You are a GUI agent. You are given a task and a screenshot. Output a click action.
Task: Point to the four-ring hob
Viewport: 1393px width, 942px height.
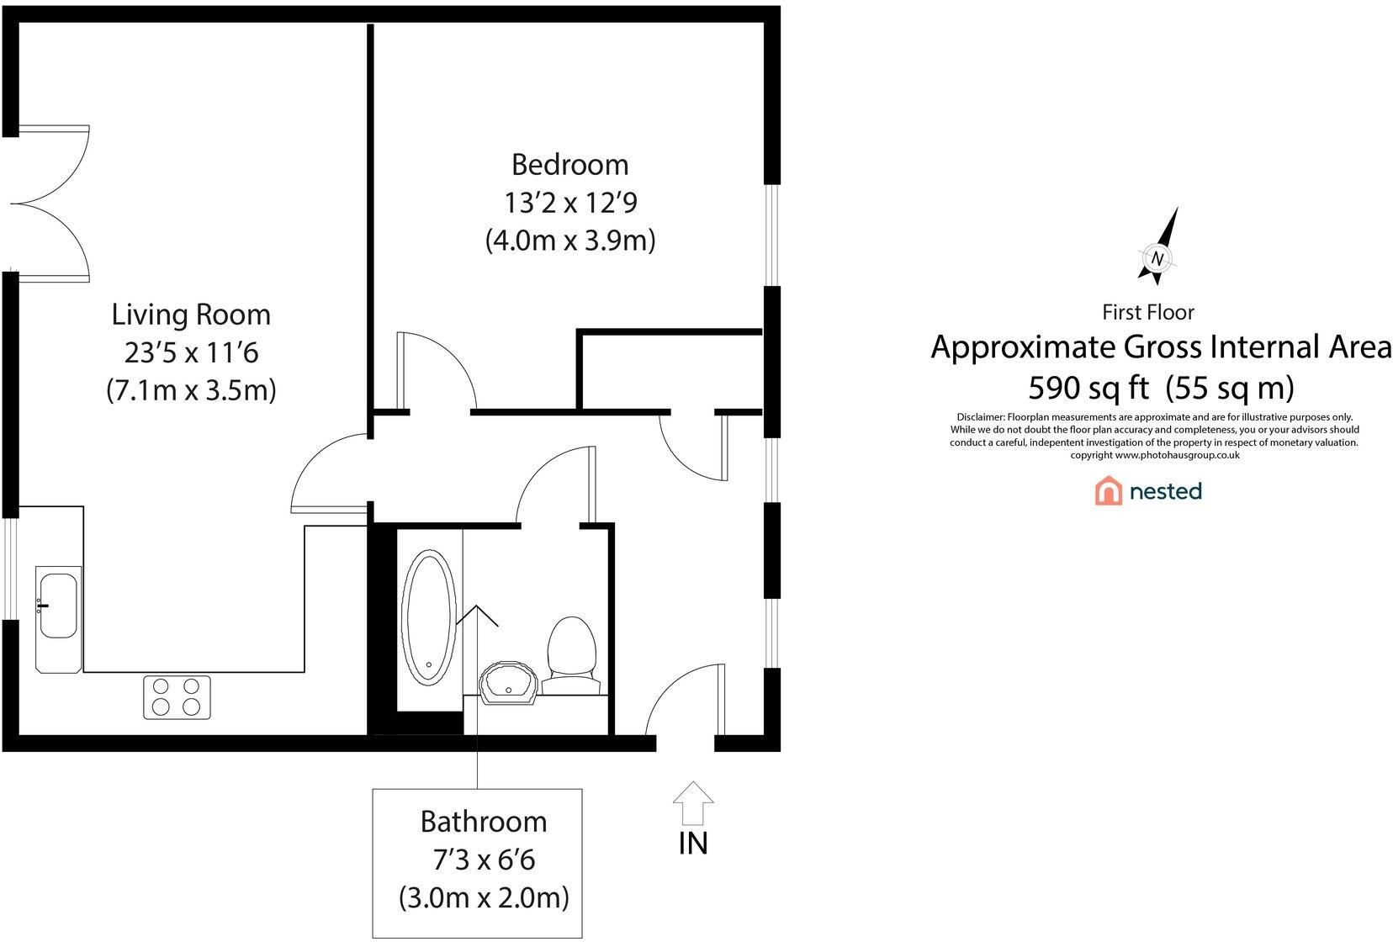tap(177, 697)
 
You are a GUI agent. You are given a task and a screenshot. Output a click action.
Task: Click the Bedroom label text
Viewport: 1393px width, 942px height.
tap(569, 164)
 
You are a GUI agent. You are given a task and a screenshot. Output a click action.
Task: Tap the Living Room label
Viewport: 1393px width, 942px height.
tap(191, 315)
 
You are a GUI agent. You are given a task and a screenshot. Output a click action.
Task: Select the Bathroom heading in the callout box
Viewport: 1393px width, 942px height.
tap(484, 821)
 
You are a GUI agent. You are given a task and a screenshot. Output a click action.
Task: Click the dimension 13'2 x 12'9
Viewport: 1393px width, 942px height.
tap(569, 203)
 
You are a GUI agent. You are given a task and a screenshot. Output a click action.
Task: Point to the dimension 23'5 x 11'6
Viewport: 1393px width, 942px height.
tap(191, 352)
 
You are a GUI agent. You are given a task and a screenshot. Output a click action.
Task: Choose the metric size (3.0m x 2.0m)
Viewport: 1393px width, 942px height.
tap(484, 897)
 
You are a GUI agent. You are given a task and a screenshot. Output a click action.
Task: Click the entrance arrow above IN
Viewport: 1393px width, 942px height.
tap(692, 802)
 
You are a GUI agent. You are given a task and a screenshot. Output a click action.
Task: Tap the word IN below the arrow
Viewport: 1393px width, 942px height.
tap(693, 843)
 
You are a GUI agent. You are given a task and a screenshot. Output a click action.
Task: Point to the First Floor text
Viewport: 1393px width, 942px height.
tap(1147, 312)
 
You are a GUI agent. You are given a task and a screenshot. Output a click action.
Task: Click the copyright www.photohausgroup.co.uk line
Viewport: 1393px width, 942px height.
tap(1154, 455)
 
